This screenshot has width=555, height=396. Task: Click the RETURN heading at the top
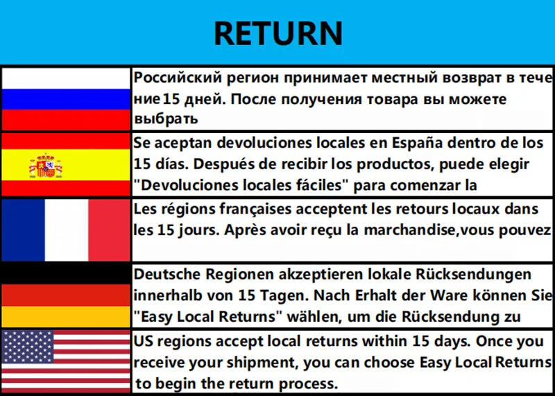(x=277, y=33)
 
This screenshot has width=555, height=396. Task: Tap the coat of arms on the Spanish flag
(x=46, y=166)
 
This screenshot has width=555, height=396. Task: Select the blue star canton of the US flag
(x=28, y=346)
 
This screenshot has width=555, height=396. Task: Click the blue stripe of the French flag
(x=22, y=230)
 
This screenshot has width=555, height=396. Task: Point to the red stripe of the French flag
(x=110, y=230)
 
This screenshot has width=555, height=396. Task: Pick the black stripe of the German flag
(x=66, y=273)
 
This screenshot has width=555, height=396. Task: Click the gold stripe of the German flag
(x=66, y=317)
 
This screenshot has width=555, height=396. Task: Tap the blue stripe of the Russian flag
(x=66, y=99)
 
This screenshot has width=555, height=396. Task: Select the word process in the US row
(x=309, y=384)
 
